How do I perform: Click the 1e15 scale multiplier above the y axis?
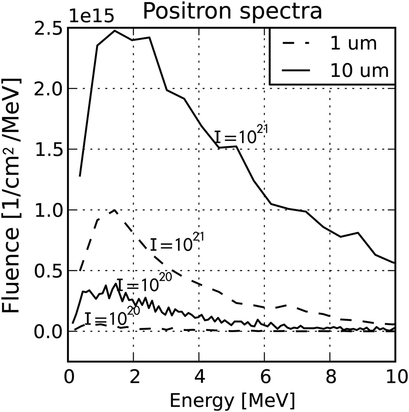point(91,17)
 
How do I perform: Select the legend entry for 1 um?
point(353,44)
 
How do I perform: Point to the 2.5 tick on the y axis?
point(48,28)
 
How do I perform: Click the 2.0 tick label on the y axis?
point(48,88)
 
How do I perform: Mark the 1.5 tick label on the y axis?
point(48,149)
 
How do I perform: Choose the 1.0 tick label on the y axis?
point(48,210)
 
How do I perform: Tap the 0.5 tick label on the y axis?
point(48,271)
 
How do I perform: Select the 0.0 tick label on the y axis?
point(48,331)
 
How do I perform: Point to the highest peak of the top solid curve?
point(115,30)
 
